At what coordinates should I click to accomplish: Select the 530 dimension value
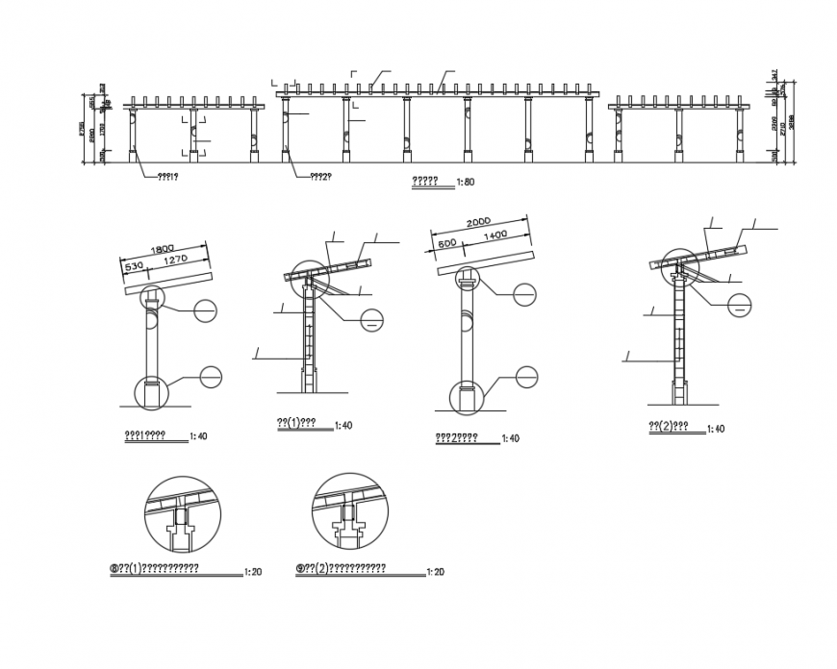134,264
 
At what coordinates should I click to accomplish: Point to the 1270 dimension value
175,259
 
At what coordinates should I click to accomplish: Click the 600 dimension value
447,244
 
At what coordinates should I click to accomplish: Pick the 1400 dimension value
496,235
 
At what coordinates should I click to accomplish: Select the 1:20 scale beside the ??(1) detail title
254,571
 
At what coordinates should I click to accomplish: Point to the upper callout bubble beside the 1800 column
206,310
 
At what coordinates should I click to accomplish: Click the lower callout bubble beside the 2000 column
525,378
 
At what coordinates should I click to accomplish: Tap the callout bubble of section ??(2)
739,306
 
